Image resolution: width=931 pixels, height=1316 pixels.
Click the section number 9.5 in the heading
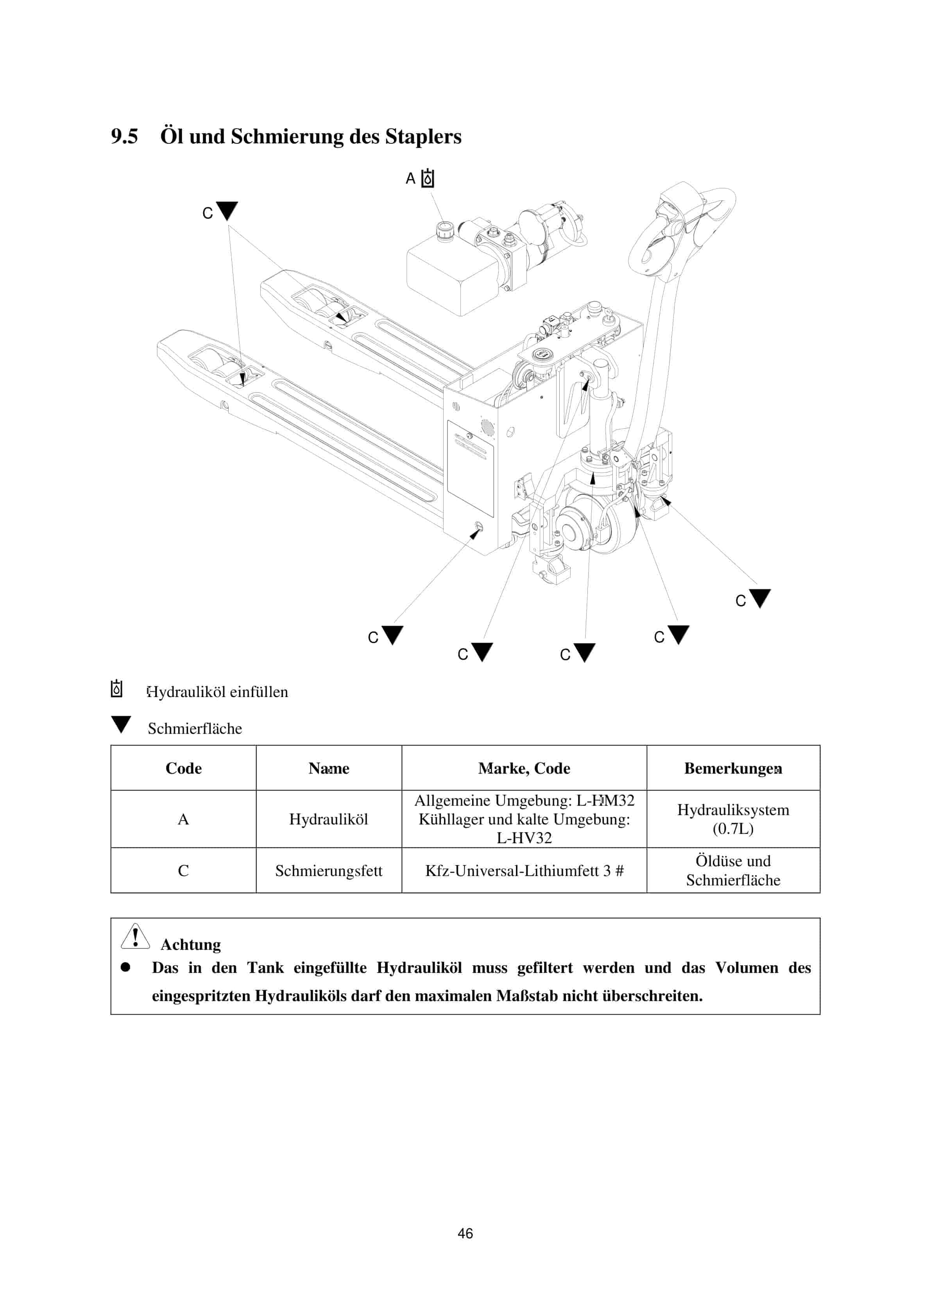(124, 136)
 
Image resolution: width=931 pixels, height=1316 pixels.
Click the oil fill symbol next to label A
(428, 179)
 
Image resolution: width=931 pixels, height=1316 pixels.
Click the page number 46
(465, 1233)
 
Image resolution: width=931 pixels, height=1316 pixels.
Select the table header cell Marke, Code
(524, 768)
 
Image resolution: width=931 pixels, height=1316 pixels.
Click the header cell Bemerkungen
(733, 768)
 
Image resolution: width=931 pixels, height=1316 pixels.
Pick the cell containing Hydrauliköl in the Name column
(328, 819)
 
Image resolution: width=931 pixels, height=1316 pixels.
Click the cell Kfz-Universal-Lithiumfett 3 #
(524, 871)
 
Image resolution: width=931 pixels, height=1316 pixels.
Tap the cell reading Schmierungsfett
(328, 871)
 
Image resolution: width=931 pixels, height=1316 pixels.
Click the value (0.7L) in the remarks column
(733, 829)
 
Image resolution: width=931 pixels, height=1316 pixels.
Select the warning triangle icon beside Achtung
(135, 937)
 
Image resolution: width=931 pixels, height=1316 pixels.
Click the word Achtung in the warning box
(190, 944)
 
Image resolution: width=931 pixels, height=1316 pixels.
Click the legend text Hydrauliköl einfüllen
(217, 692)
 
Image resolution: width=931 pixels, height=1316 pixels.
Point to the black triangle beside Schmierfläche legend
(121, 724)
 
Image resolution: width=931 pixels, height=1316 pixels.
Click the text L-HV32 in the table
(524, 838)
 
